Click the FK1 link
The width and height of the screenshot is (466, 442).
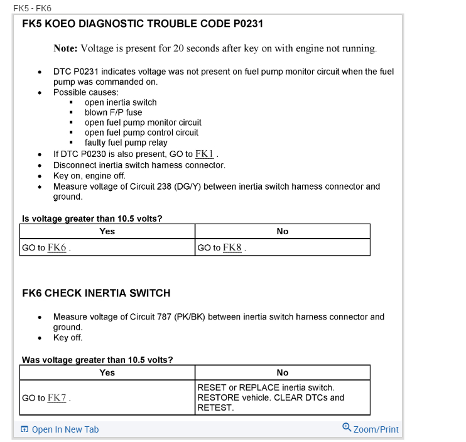point(205,154)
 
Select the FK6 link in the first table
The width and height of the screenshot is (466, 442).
point(57,247)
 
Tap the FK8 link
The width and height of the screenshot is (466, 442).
point(232,247)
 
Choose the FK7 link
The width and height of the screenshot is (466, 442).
point(57,397)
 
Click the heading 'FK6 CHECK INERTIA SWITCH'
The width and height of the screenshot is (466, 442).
point(96,293)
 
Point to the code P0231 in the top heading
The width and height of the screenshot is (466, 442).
point(241,24)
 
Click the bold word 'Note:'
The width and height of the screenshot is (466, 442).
point(65,48)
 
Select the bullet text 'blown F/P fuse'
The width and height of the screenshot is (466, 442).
point(114,112)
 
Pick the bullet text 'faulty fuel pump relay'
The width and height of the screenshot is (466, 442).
point(126,143)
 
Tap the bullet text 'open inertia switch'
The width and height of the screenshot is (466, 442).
point(121,102)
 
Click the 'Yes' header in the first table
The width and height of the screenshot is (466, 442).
point(107,231)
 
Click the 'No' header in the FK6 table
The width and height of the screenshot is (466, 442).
point(283,372)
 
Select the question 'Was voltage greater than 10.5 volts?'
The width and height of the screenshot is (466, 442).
point(97,360)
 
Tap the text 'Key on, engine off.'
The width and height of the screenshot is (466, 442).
point(89,176)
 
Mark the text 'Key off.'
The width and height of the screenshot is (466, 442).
point(68,337)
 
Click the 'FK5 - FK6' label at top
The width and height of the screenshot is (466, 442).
point(32,8)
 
